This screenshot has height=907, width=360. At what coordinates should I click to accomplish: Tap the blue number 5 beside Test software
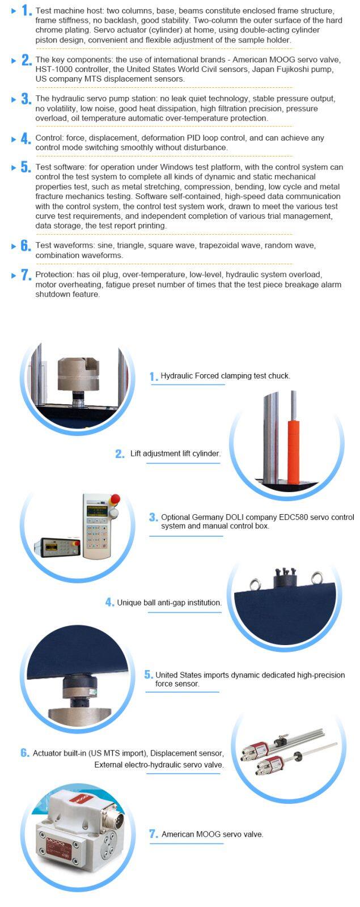coord(26,167)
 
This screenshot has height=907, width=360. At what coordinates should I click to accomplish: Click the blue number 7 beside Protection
coord(26,275)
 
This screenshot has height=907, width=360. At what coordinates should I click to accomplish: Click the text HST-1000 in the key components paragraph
coord(52,69)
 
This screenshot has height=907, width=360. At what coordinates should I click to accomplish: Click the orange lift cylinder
coord(293,446)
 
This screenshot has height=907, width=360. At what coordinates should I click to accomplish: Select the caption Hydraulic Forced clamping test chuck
coord(225,376)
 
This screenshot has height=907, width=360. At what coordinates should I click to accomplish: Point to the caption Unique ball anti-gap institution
coord(169,603)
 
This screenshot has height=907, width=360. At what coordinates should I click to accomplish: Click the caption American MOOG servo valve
coord(212,834)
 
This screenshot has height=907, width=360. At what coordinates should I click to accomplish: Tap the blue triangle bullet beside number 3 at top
coord(14,99)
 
